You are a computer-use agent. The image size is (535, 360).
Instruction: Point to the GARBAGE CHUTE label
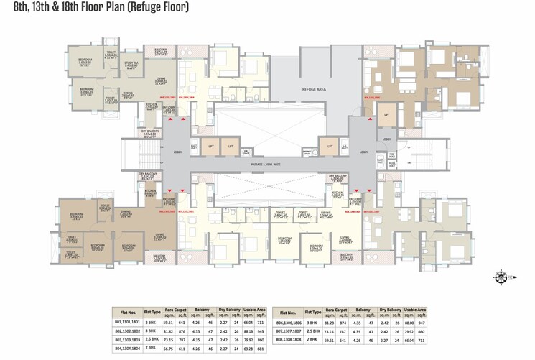[x=247, y=152]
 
